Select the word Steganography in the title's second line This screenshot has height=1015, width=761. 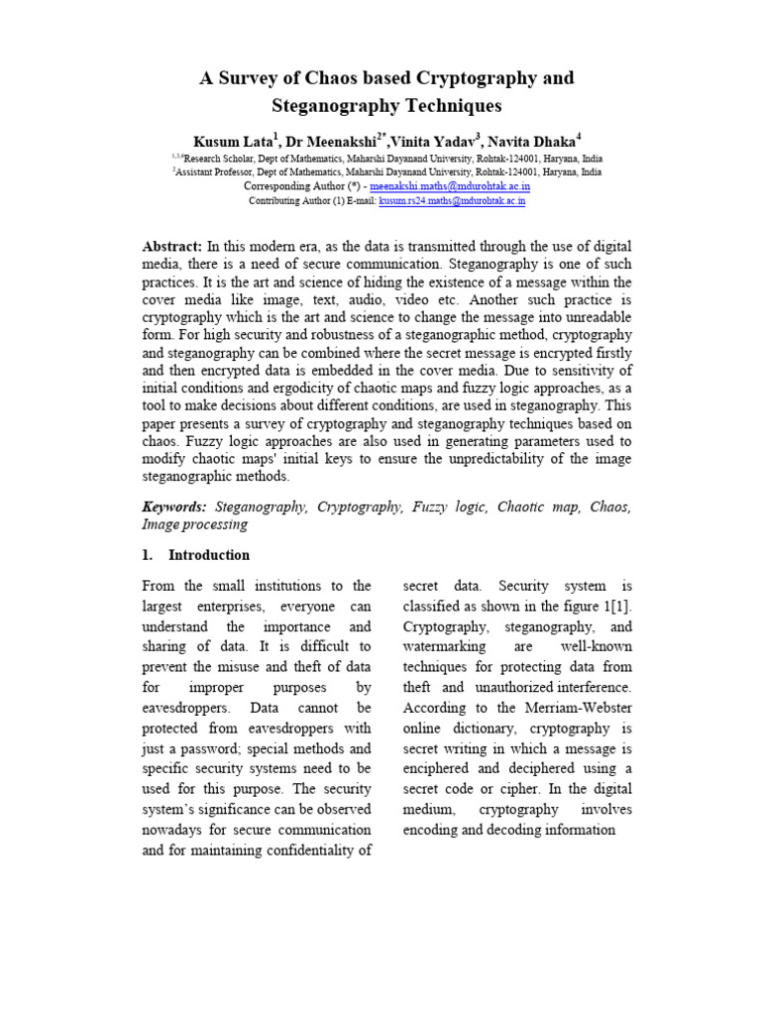(x=334, y=105)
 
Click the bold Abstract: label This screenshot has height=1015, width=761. (x=173, y=246)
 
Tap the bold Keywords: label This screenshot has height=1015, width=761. (x=174, y=507)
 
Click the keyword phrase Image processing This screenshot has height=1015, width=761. (x=194, y=524)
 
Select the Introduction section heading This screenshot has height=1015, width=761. (x=208, y=555)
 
